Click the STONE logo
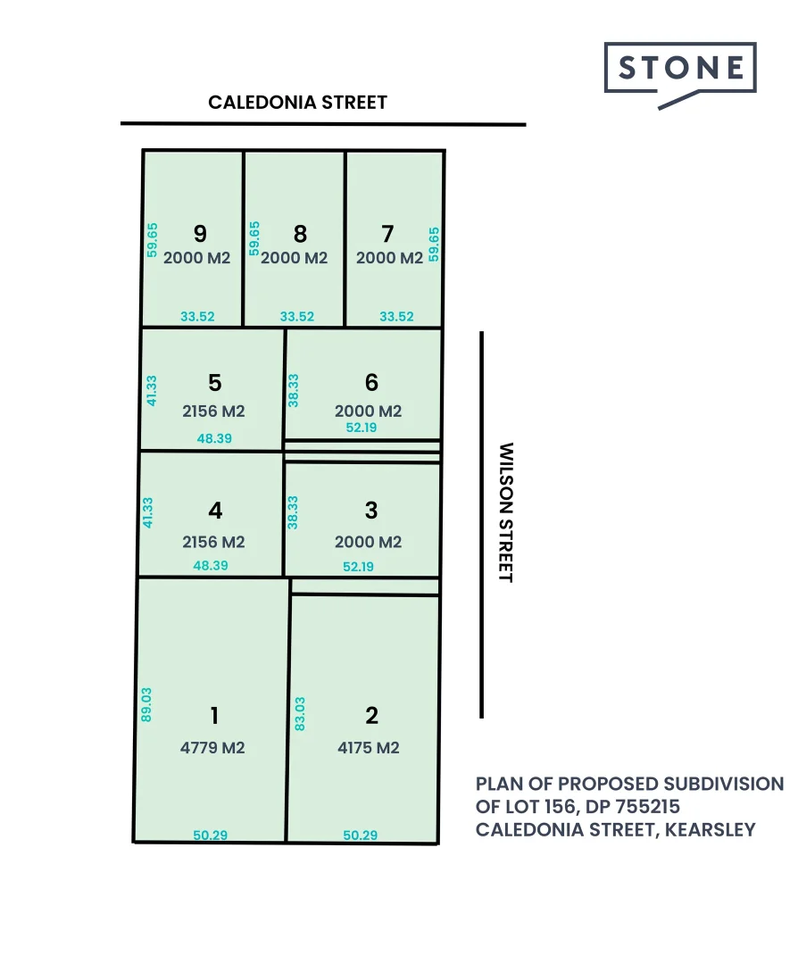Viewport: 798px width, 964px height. pos(680,69)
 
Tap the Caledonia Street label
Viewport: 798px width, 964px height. pos(298,102)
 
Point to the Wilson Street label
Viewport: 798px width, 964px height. pos(506,512)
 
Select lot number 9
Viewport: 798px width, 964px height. pos(200,234)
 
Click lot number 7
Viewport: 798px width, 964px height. pos(387,234)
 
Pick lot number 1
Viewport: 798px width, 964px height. pos(213,716)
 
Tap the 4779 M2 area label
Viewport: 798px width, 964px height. pos(212,748)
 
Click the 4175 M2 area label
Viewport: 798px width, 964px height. pos(368,748)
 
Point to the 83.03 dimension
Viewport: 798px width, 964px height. pos(299,714)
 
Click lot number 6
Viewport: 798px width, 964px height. pos(371,382)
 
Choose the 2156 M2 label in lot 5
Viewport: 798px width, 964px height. pos(213,411)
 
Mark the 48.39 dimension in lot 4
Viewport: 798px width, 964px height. pos(211,565)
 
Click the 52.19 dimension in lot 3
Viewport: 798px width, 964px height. pos(359,566)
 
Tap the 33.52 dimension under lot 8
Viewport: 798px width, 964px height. pos(297,316)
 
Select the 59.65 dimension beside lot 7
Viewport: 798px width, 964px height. pos(434,243)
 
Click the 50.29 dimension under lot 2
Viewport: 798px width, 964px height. pos(361,835)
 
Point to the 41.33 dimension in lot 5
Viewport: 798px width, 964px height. pos(152,390)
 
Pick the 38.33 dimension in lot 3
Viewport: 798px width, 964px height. pos(293,512)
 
